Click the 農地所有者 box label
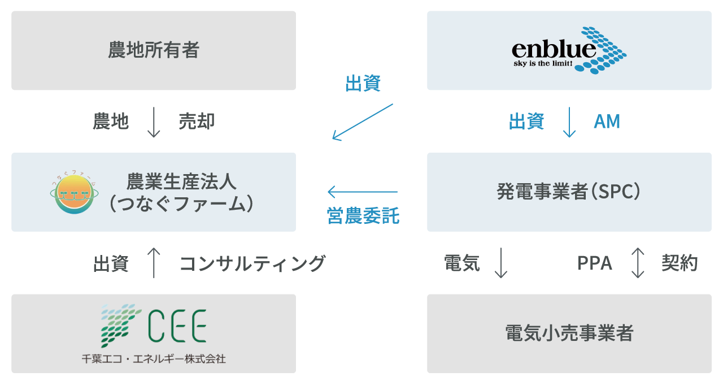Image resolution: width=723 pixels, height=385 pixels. (x=154, y=51)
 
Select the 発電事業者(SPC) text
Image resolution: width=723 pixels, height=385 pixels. (x=569, y=192)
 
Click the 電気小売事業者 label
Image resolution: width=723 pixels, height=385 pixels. (x=569, y=334)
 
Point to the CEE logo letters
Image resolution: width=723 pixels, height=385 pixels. (x=177, y=326)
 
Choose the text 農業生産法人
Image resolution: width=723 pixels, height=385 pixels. (x=181, y=182)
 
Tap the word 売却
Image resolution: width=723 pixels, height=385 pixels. (x=197, y=122)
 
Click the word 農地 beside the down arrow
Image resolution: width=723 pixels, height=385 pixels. (x=111, y=122)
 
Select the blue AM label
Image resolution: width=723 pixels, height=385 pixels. (x=607, y=122)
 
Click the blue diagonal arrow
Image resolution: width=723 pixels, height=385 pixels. (x=362, y=122)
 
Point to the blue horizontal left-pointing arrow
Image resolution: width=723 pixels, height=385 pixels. (x=362, y=192)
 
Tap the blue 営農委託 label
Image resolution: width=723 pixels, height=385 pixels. (x=363, y=216)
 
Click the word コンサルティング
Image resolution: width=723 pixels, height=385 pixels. (x=252, y=263)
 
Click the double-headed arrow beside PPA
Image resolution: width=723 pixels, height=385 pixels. (x=637, y=263)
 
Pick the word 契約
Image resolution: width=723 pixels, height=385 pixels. (x=680, y=263)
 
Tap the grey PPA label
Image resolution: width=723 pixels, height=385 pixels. (x=595, y=263)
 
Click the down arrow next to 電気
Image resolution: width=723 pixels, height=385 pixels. (x=500, y=263)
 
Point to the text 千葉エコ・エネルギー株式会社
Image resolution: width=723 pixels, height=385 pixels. (x=154, y=359)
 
